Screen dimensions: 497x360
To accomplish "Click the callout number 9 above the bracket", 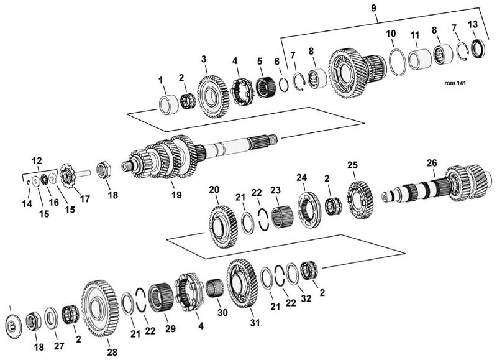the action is pyautogui.click(x=373, y=8).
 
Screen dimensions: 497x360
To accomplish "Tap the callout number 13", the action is pyautogui.click(x=472, y=24).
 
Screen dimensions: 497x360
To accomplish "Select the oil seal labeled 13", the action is pyautogui.click(x=478, y=48).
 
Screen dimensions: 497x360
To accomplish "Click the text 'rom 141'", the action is pyautogui.click(x=455, y=83).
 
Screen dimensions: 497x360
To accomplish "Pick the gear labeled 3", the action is pyautogui.click(x=213, y=96).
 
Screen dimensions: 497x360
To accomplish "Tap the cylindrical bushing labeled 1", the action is pyautogui.click(x=169, y=103).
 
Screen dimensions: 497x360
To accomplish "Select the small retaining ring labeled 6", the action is pyautogui.click(x=284, y=85).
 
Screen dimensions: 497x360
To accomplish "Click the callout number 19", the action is pyautogui.click(x=176, y=195).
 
